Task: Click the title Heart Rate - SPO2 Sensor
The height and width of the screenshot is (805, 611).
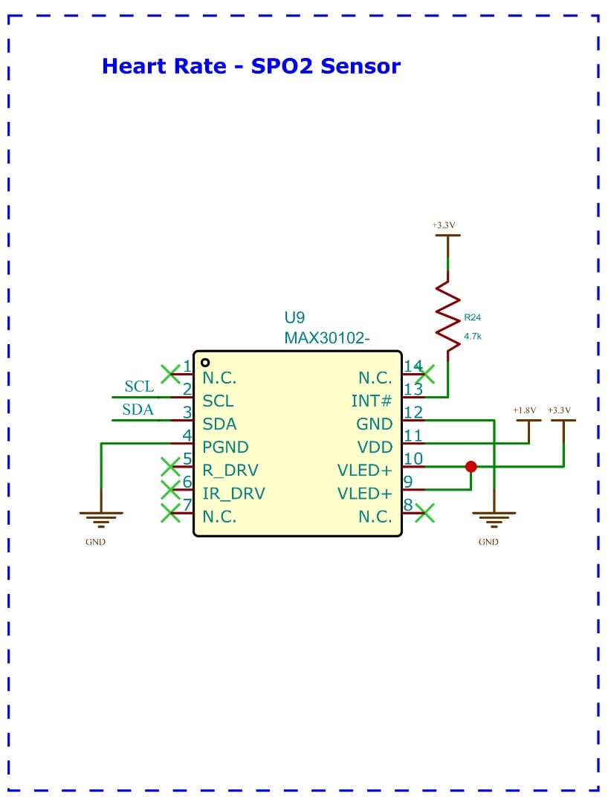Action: click(250, 66)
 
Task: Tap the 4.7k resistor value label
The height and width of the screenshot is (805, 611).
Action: click(473, 337)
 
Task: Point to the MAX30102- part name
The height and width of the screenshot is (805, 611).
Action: click(327, 337)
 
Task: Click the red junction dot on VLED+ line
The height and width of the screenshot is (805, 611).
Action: click(471, 467)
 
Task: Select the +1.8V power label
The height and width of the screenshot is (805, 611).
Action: click(524, 410)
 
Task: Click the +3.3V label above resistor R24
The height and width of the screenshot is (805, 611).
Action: click(443, 224)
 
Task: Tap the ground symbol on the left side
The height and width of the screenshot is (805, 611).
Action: click(100, 517)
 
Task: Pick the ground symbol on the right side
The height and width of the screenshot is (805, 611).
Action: click(494, 517)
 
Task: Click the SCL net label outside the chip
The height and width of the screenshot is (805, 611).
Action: click(139, 387)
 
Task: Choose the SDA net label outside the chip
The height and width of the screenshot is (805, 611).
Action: click(139, 410)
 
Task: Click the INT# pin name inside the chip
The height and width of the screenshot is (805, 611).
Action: click(372, 401)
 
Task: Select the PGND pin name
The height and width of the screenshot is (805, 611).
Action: click(225, 447)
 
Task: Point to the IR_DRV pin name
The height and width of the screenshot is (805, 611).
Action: click(233, 494)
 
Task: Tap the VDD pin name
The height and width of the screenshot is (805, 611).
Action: click(375, 447)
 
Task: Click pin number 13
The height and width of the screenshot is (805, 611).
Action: click(413, 389)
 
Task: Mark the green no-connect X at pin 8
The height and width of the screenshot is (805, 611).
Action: click(425, 513)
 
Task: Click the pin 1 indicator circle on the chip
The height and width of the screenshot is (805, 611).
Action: click(205, 363)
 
